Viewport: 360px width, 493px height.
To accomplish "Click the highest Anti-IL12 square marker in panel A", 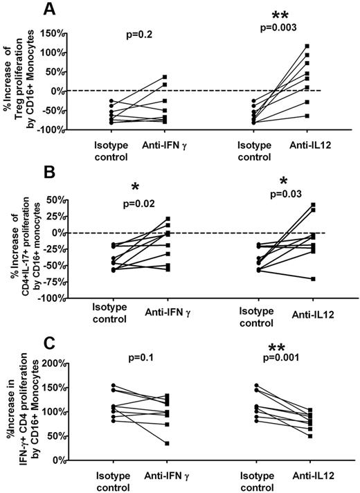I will tap(307, 46).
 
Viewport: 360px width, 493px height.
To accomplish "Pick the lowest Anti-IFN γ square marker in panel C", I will tap(167, 443).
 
